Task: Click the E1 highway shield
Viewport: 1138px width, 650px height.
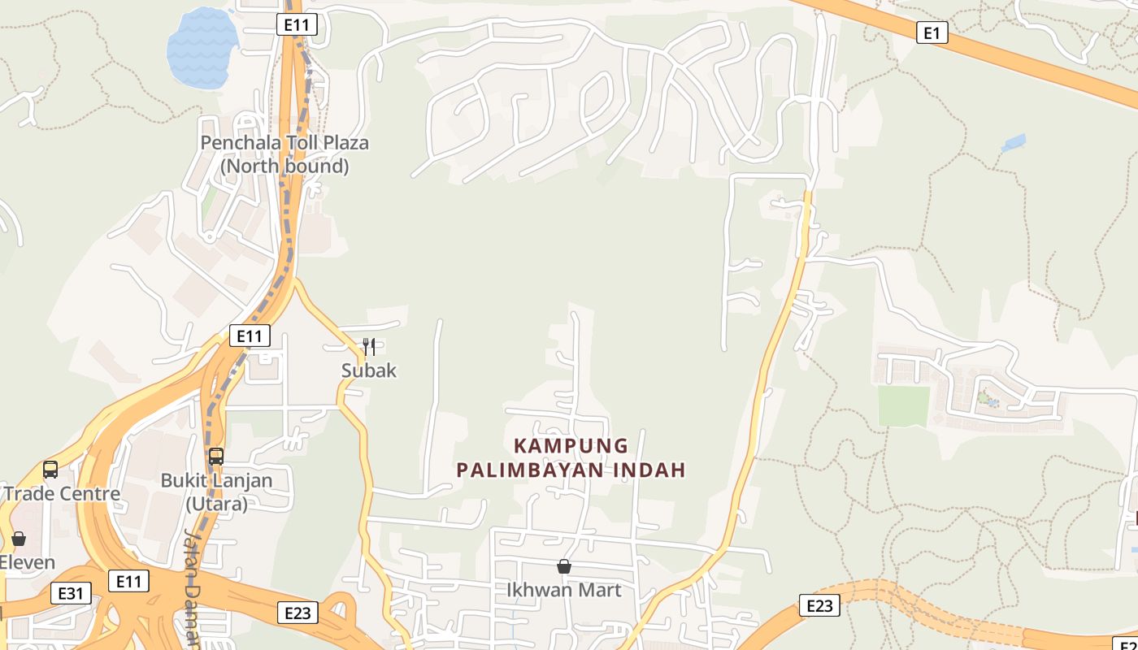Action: (x=932, y=32)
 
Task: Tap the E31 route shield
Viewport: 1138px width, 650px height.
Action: (x=70, y=593)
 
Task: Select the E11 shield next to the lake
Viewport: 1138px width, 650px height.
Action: (x=297, y=24)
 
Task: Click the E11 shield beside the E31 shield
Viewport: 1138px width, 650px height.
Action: (x=128, y=581)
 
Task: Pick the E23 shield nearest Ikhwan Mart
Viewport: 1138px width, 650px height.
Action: (x=297, y=613)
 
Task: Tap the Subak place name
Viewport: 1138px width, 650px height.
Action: (x=369, y=370)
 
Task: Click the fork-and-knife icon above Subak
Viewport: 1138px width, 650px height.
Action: (x=369, y=347)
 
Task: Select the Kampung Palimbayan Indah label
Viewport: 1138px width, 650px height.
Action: (x=571, y=457)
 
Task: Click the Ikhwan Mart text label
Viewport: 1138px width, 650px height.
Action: (x=563, y=590)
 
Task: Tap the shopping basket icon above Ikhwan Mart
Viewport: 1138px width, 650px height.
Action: (x=563, y=566)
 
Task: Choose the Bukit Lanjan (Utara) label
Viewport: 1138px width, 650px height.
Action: (x=216, y=492)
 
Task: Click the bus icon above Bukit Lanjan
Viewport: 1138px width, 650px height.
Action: (x=216, y=457)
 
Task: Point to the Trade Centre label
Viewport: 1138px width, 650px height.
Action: (x=62, y=494)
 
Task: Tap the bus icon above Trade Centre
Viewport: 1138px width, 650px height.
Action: (x=50, y=470)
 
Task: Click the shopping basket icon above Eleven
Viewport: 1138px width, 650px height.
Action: (x=19, y=539)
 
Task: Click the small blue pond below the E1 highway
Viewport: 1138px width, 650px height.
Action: (x=1013, y=144)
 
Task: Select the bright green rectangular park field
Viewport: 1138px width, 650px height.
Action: (x=903, y=405)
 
